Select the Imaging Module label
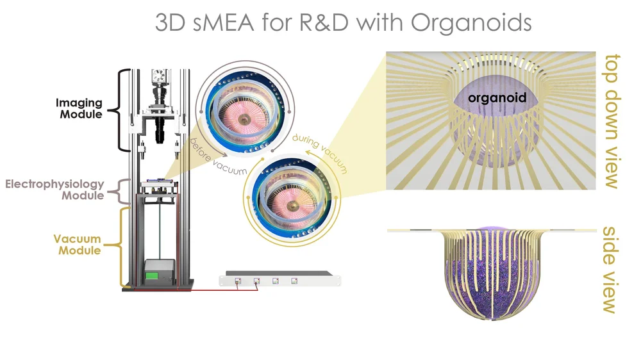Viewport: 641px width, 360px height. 79,108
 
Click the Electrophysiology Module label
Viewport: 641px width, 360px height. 54,190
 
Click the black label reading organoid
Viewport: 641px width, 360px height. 497,98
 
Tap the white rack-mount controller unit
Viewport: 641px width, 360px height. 279,280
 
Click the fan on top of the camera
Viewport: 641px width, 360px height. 159,76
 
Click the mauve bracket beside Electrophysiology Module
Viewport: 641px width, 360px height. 118,190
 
